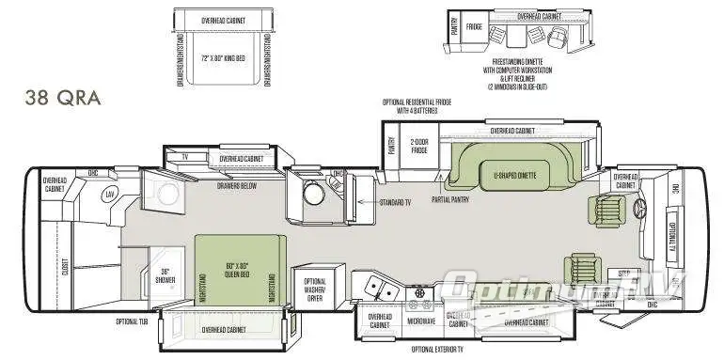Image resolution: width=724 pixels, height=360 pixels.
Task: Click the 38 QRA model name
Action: tap(63, 98)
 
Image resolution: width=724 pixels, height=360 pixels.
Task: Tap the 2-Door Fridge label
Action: tap(418, 146)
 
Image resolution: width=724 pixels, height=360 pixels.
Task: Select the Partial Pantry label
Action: tap(450, 198)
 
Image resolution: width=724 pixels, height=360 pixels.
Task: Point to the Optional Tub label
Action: tap(133, 321)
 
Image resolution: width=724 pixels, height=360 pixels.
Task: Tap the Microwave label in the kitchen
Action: tap(420, 321)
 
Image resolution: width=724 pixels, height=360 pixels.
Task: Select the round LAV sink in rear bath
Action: tap(111, 194)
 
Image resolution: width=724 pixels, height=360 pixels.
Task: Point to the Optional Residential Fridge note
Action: tap(417, 106)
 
